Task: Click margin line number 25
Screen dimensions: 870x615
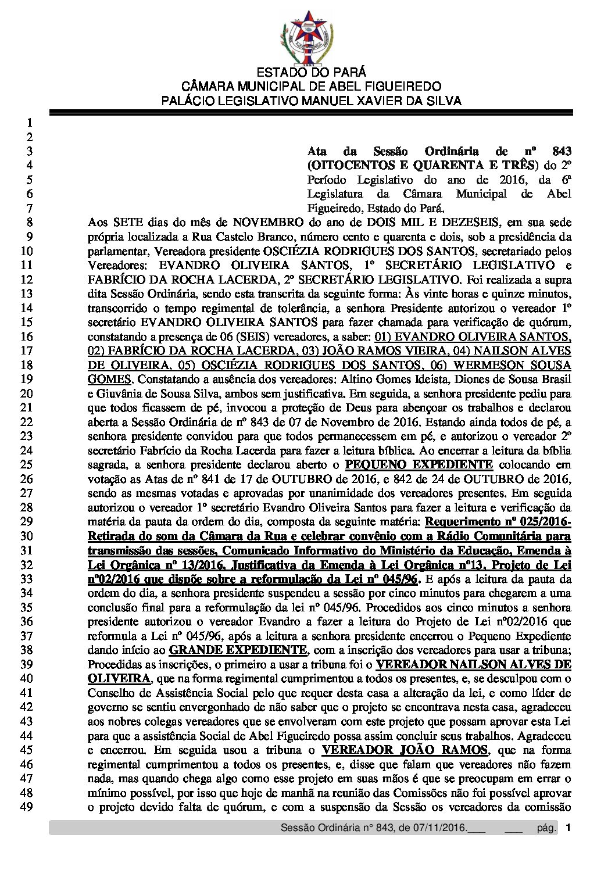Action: [26, 465]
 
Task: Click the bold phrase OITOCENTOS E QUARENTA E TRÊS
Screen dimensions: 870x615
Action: [420, 166]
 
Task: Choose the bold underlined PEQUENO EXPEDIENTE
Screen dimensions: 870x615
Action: [419, 465]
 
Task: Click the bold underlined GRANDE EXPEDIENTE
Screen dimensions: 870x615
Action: [238, 650]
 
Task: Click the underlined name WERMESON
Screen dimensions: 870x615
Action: [495, 365]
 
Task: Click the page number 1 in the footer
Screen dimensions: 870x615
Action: [568, 828]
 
